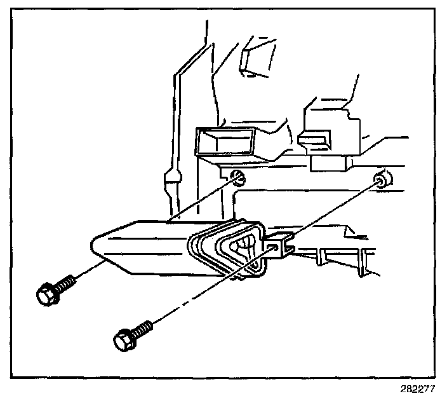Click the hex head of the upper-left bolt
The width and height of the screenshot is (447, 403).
[47, 294]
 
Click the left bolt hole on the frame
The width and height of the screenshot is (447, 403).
[238, 178]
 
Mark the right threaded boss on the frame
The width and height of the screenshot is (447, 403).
[382, 179]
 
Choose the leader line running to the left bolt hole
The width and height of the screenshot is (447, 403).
[203, 200]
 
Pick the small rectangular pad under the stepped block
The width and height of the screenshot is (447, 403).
[326, 163]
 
